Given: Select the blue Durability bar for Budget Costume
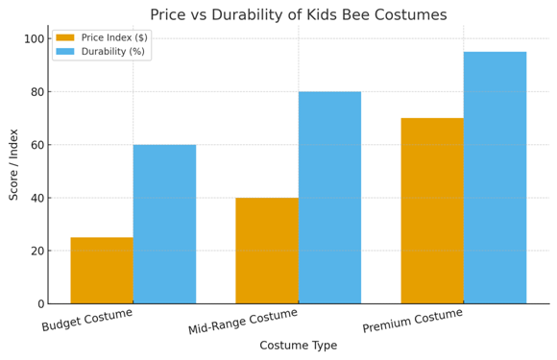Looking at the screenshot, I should [x=164, y=224].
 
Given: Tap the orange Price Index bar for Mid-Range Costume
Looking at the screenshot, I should [x=267, y=251].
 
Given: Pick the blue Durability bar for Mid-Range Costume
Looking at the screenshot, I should [x=329, y=197].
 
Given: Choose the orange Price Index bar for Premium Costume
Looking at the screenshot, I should [x=432, y=210].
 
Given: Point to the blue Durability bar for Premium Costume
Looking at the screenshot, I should [x=495, y=178].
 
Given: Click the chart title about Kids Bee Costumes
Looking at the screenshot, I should [x=298, y=14].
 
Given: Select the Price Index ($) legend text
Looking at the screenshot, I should [x=114, y=37].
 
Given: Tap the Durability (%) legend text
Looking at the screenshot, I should [x=112, y=51].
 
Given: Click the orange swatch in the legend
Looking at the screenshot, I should [x=65, y=37].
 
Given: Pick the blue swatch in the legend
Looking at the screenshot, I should [x=65, y=51].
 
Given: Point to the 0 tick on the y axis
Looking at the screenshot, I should [x=39, y=304].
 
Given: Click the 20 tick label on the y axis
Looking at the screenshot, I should [x=36, y=251].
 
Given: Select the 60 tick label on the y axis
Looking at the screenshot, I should [x=36, y=145].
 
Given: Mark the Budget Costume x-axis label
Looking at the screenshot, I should [x=87, y=320].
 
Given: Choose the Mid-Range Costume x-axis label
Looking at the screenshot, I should [x=243, y=322].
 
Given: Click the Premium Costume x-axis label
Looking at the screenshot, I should [x=413, y=321].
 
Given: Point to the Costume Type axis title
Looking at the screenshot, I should [x=298, y=346].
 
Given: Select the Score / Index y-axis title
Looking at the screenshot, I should [x=13, y=164].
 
